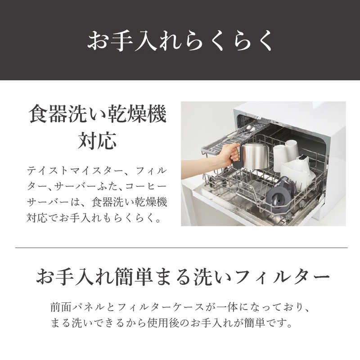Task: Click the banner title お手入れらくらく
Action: [x=180, y=40]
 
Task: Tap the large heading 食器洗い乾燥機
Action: [x=98, y=114]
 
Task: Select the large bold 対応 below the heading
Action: [x=97, y=140]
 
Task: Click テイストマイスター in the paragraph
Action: [x=76, y=171]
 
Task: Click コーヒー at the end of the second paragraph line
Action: [x=145, y=186]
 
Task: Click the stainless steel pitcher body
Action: [x=255, y=156]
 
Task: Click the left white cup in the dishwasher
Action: [x=280, y=157]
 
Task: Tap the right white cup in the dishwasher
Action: [x=292, y=150]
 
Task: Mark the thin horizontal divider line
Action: [x=181, y=248]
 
